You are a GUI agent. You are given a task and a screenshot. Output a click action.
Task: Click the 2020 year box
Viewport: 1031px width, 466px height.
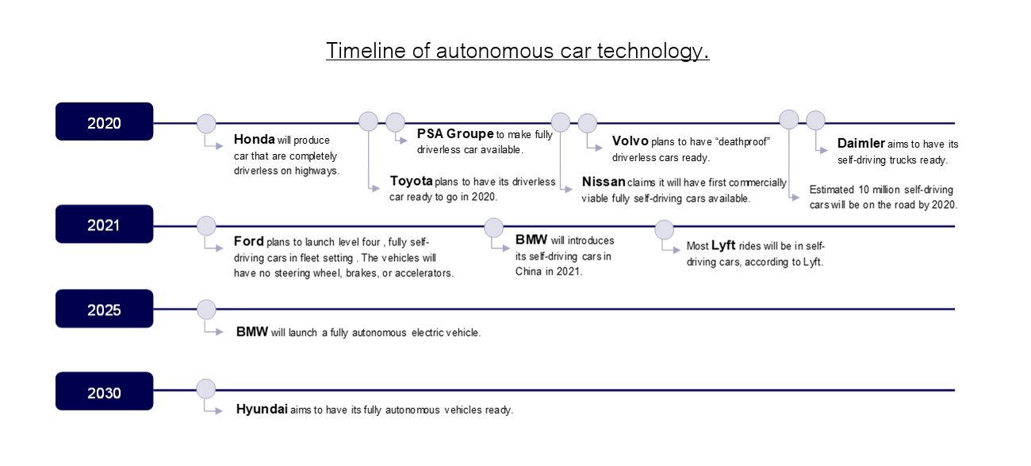tap(104, 121)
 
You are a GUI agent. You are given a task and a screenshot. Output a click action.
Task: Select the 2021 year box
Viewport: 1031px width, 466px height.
tap(104, 224)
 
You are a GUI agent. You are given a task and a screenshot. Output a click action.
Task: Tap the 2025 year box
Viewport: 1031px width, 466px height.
tap(104, 309)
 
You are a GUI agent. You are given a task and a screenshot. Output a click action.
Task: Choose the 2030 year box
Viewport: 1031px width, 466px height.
tap(104, 391)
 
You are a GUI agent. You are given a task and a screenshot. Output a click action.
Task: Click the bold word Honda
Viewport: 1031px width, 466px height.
tap(254, 139)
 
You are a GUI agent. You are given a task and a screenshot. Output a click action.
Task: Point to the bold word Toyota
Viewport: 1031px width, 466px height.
tap(411, 181)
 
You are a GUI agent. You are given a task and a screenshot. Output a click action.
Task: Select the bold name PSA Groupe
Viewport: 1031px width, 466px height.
tap(455, 133)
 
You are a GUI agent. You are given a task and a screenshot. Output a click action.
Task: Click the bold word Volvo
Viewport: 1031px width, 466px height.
tap(630, 141)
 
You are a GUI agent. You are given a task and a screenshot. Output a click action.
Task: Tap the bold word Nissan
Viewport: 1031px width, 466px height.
tap(604, 182)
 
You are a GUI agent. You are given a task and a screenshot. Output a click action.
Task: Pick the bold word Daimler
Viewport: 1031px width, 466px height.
tap(861, 144)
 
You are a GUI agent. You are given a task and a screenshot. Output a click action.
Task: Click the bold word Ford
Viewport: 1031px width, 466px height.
tap(248, 241)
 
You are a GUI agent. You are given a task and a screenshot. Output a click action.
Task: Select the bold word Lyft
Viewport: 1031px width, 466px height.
tap(723, 245)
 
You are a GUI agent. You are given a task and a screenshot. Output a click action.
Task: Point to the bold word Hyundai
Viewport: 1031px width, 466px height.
tap(262, 410)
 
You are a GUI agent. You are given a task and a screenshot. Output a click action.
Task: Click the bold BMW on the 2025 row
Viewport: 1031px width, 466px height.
tap(251, 332)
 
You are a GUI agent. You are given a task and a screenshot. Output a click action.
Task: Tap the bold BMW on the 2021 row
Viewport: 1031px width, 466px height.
tap(531, 240)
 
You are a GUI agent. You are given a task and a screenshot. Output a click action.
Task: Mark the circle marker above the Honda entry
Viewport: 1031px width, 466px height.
tap(206, 124)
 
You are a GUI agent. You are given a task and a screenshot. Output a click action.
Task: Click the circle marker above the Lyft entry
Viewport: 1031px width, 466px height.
tap(664, 229)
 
